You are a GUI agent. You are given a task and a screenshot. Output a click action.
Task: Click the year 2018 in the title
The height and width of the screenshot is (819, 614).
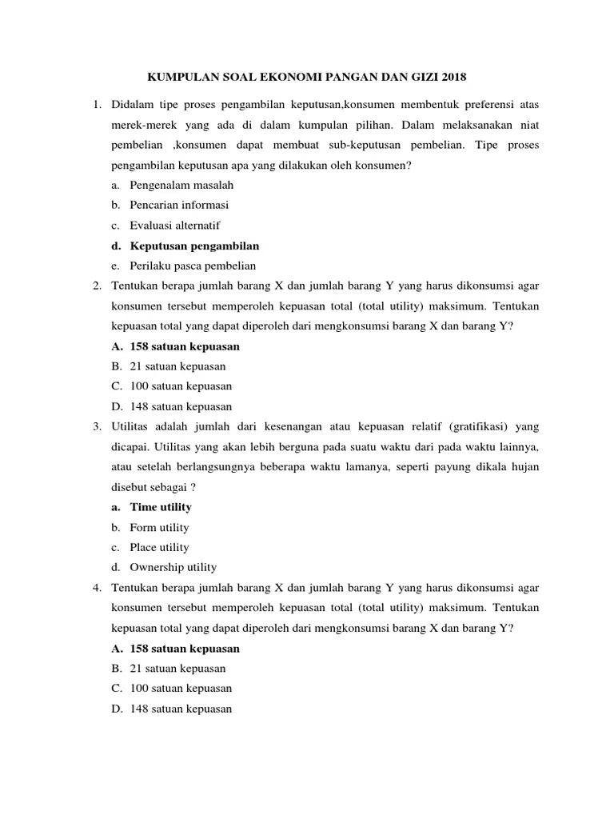(451, 78)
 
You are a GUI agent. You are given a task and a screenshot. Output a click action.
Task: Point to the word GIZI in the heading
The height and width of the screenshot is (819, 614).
(416, 78)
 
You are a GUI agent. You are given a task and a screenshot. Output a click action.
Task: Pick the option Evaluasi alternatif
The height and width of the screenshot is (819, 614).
(174, 226)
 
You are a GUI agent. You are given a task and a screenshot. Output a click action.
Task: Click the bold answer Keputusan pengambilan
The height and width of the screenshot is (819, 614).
(194, 246)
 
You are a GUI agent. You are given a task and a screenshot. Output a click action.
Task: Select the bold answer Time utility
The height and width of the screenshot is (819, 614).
(161, 507)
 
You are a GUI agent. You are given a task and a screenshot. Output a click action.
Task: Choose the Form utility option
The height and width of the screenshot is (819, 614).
(159, 527)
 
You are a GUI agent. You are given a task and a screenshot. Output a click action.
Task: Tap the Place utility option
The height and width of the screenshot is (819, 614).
(159, 547)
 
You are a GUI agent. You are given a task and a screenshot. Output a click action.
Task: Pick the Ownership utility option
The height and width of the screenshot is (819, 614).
(173, 567)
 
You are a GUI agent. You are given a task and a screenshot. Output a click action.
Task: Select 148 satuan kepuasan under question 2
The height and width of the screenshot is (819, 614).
(181, 406)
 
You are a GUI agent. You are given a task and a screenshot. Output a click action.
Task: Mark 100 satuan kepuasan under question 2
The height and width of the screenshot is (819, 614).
(181, 386)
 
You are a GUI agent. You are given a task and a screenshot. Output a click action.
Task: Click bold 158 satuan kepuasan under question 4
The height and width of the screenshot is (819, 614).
(184, 648)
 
